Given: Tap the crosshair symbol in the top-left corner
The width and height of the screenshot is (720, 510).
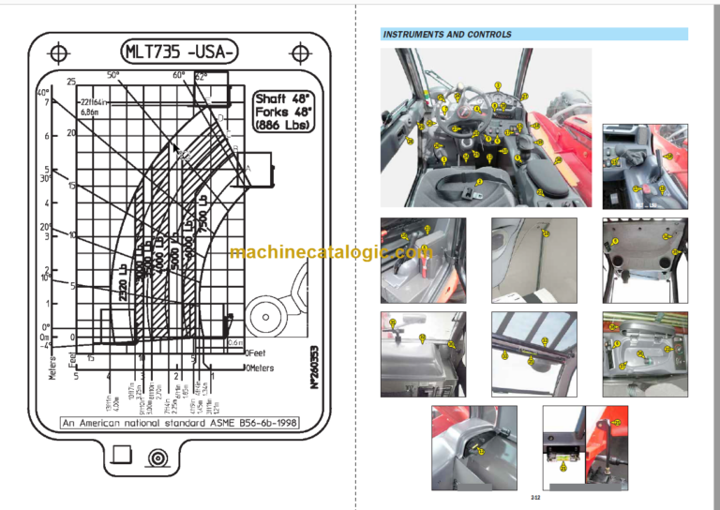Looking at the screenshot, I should pyautogui.click(x=58, y=51).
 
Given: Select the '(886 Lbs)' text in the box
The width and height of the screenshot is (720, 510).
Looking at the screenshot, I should pyautogui.click(x=285, y=125).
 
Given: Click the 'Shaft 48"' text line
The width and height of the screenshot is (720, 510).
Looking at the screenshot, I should pyautogui.click(x=285, y=97).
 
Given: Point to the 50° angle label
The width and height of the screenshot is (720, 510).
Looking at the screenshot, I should pyautogui.click(x=113, y=75).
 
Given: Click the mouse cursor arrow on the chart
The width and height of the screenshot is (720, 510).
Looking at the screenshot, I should pyautogui.click(x=175, y=147).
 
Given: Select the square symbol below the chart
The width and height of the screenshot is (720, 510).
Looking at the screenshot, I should pyautogui.click(x=120, y=455).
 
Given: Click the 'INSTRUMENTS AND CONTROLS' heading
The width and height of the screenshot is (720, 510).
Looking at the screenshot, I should pyautogui.click(x=447, y=35).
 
